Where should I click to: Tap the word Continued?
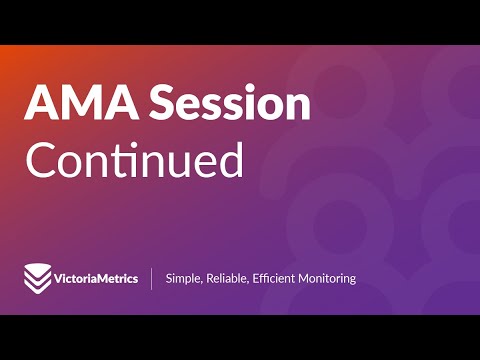click(x=134, y=160)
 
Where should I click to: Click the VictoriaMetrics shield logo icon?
click(x=37, y=278)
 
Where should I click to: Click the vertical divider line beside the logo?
click(x=152, y=278)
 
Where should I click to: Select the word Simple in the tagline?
click(x=183, y=278)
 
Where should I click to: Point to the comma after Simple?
click(x=201, y=283)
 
